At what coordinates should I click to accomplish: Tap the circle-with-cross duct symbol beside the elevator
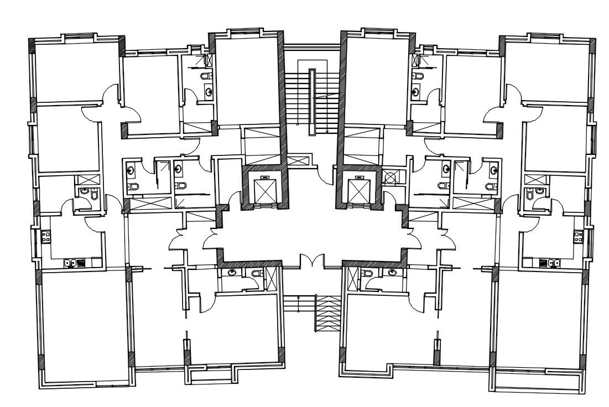[x=390, y=178]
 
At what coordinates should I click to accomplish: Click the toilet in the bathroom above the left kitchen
[x=94, y=194]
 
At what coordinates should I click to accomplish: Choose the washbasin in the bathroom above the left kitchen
[x=84, y=191]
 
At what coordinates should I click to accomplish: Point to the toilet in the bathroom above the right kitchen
[x=529, y=194]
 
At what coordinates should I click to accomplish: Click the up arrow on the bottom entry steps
[x=299, y=299]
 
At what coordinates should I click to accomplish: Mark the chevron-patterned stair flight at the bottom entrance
[x=327, y=314]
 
